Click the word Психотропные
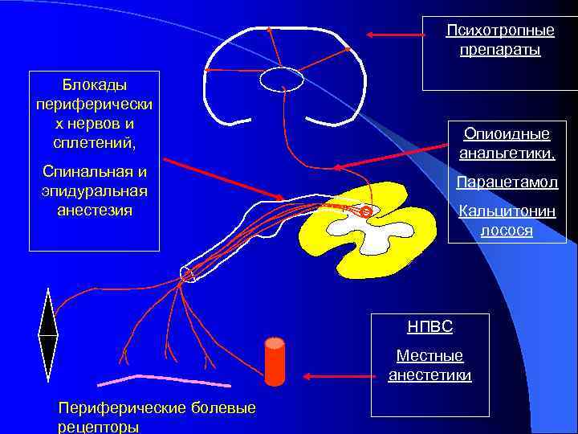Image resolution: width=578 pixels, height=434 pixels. click(x=500, y=31)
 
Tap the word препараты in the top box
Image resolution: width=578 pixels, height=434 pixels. click(x=500, y=50)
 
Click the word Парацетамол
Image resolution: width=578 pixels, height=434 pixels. click(x=507, y=182)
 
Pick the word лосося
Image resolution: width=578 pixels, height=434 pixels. click(x=507, y=231)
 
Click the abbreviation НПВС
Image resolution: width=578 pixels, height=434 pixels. click(x=429, y=326)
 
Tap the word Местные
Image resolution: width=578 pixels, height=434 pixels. click(x=429, y=356)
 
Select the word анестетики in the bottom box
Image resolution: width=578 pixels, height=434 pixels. click(x=429, y=375)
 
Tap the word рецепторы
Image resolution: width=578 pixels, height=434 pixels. click(x=99, y=427)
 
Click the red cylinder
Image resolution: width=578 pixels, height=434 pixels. click(x=275, y=361)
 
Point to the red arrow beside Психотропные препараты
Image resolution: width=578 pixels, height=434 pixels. click(x=393, y=35)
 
